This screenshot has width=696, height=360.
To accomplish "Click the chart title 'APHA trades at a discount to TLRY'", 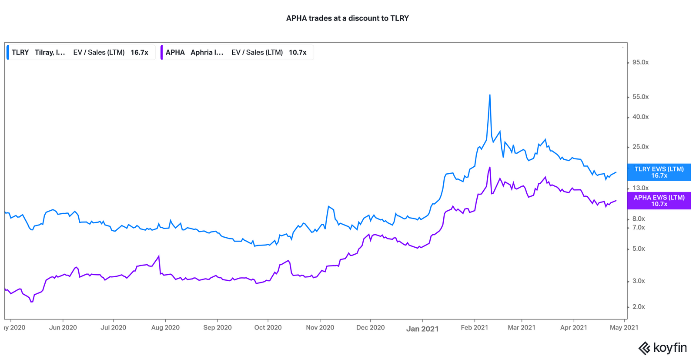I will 347,18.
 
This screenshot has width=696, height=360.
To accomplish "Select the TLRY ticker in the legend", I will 20,52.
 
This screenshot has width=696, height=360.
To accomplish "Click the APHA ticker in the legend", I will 175,52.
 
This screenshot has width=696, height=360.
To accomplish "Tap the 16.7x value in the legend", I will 139,52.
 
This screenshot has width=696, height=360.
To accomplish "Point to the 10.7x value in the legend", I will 298,52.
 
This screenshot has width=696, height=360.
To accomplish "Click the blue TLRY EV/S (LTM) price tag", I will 659,172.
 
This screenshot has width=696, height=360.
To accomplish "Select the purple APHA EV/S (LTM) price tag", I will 659,201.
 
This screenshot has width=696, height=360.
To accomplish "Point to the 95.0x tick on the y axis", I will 640,62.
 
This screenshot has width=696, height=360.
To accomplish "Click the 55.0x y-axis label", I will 640,97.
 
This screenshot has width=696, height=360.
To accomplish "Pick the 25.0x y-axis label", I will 640,147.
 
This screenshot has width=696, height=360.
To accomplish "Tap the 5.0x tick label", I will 639,249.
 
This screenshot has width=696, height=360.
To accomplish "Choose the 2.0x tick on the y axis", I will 639,306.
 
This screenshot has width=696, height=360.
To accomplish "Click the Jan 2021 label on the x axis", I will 422,329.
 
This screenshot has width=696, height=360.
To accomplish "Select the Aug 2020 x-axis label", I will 165,327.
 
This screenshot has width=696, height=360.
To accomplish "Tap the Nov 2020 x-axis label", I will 320,327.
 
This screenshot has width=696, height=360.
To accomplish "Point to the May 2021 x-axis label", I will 624,327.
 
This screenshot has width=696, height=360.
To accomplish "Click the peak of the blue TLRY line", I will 490,95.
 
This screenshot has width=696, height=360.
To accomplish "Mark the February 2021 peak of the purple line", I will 490,167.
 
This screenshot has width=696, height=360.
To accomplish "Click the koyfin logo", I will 662,348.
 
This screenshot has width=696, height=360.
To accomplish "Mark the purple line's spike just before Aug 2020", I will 159,256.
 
